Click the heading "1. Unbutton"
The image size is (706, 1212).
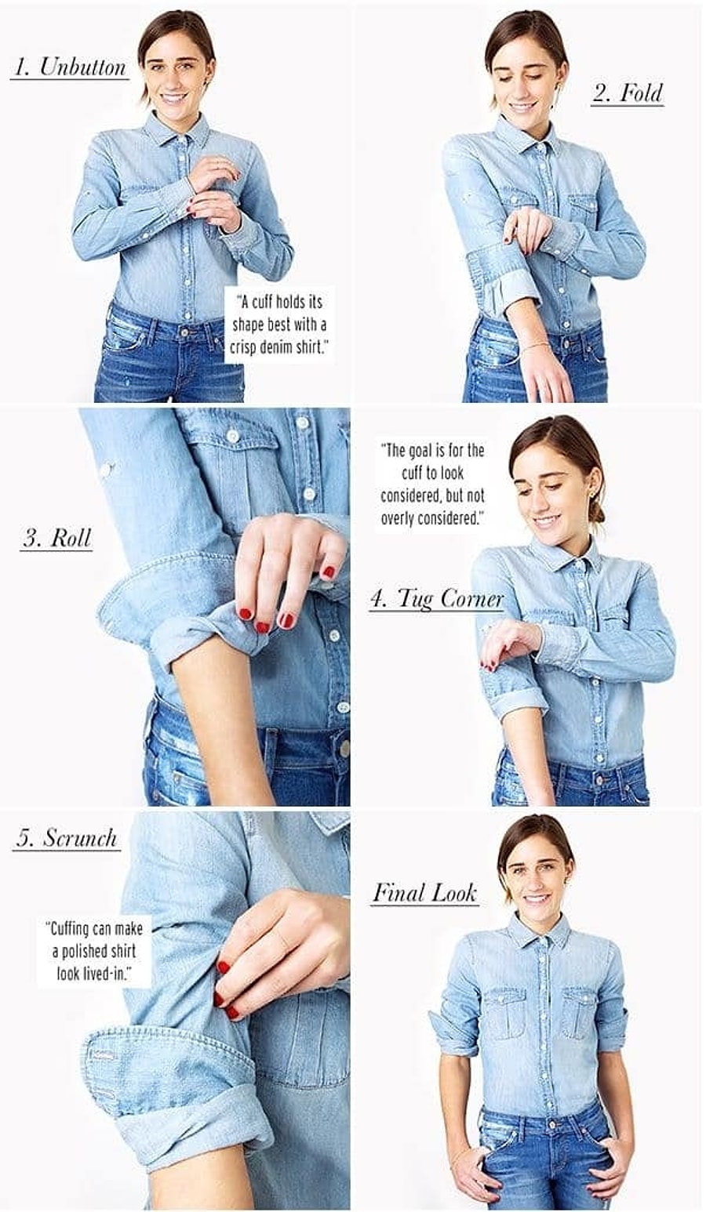(x=70, y=67)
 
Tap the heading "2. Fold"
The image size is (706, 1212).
(x=627, y=93)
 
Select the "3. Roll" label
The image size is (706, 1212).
(x=56, y=538)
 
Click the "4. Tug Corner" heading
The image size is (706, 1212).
(x=436, y=599)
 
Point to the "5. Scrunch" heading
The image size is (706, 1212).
(x=66, y=837)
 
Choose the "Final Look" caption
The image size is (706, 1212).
(x=425, y=892)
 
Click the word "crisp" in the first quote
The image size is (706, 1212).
(x=244, y=347)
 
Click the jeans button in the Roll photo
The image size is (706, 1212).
(x=344, y=749)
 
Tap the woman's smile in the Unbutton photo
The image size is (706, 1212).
(x=173, y=99)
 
